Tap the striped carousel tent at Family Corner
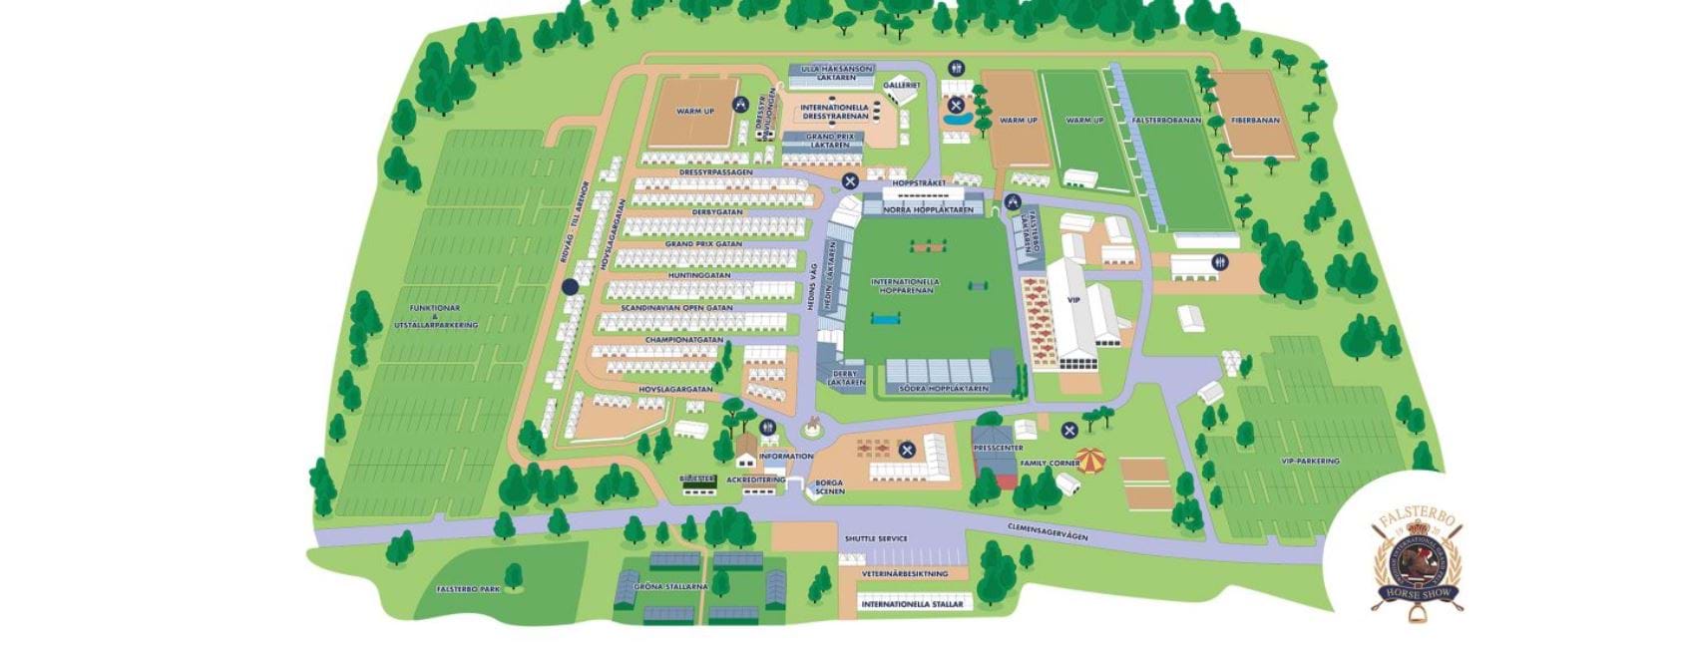1091,461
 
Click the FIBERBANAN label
1254,121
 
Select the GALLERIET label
901,86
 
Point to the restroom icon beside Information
768,428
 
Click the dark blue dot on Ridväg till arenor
570,286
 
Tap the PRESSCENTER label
998,449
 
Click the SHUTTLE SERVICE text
876,538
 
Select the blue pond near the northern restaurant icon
957,120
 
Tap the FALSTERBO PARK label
468,589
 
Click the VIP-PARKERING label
1310,461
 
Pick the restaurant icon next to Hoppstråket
849,180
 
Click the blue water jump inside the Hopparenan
884,319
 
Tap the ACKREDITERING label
755,480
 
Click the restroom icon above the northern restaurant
956,68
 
